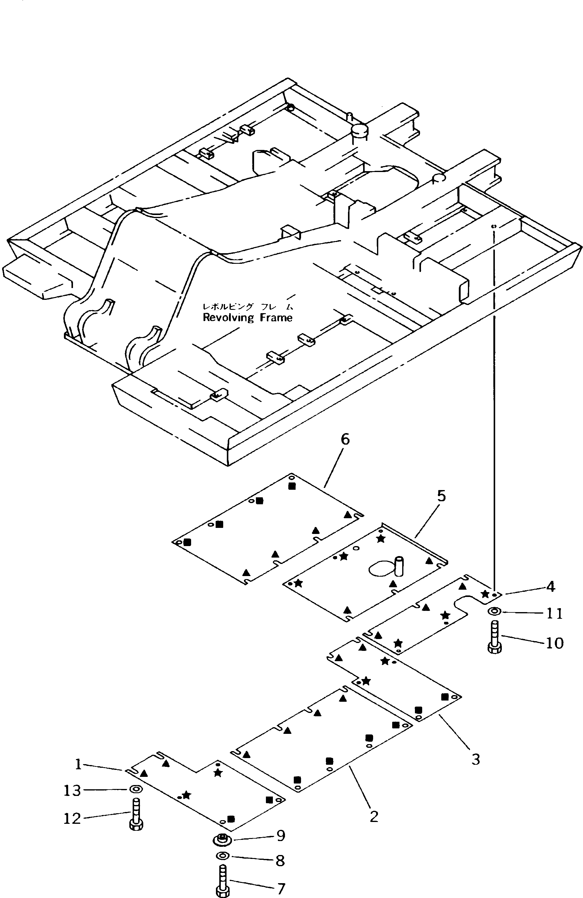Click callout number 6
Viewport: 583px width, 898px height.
pyautogui.click(x=345, y=439)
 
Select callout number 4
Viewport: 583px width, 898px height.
pyautogui.click(x=551, y=587)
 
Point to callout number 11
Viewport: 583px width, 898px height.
pyautogui.click(x=554, y=614)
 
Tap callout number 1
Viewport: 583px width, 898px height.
pyautogui.click(x=78, y=764)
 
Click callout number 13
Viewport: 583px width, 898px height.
pyautogui.click(x=72, y=790)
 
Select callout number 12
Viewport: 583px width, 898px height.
pyautogui.click(x=72, y=818)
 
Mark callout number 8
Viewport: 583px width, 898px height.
pyautogui.click(x=280, y=861)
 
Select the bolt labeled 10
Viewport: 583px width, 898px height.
pyautogui.click(x=494, y=638)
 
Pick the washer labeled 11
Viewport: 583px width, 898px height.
pyautogui.click(x=494, y=611)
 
